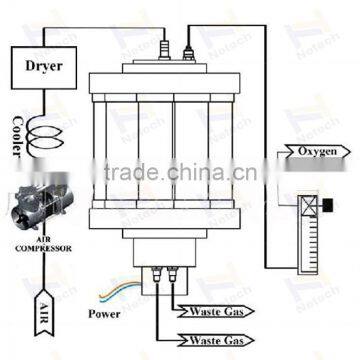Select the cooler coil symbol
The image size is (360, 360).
43,133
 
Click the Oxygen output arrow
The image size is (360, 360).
322,153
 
